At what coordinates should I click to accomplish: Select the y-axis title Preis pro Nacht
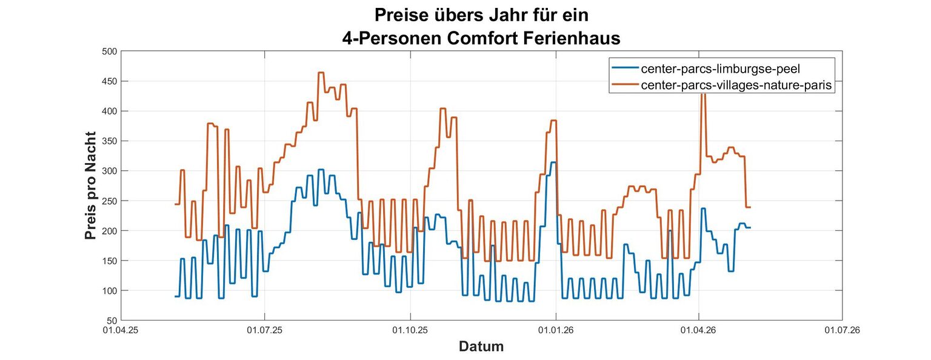pos(90,185)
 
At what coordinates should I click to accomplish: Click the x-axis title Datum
pos(481,346)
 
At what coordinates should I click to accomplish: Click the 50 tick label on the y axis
pos(112,321)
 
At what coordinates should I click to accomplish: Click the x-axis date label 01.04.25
pos(121,330)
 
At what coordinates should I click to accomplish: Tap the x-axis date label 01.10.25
pos(410,330)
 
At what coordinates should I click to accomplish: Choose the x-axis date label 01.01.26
pos(556,330)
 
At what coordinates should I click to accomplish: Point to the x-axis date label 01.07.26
pos(843,330)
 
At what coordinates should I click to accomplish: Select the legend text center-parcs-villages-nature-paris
pos(736,85)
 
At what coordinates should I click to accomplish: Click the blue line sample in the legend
pos(625,68)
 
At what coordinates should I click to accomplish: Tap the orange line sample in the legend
pos(625,84)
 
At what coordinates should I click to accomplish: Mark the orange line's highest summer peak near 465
pos(321,73)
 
